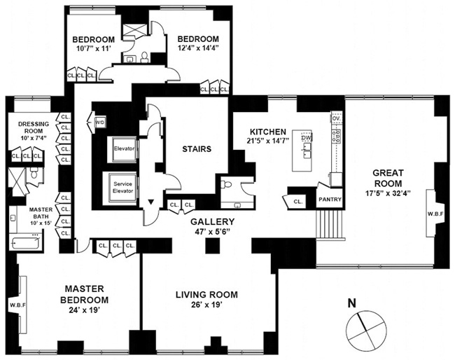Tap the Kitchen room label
[269, 131]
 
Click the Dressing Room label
[31, 125]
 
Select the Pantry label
[329, 199]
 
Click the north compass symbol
[365, 327]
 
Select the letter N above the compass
[353, 303]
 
